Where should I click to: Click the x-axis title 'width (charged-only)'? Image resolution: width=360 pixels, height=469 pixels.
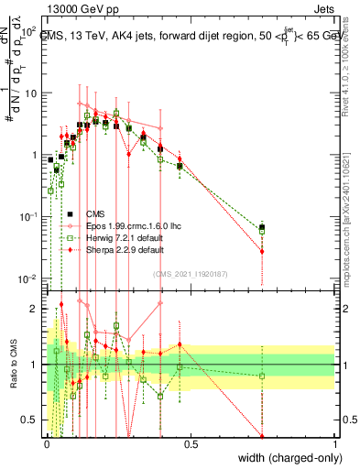[286, 457]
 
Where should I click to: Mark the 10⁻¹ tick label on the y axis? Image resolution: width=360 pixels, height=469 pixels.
[27, 216]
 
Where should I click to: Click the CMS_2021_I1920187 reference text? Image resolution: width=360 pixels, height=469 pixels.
[190, 273]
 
